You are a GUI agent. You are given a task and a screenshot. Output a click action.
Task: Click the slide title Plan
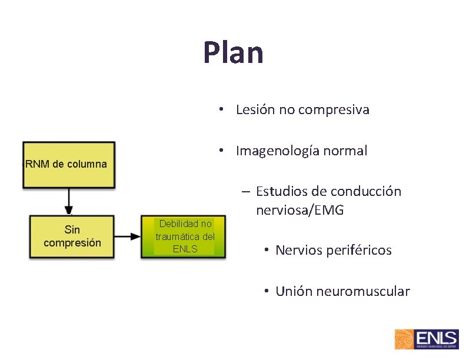233,52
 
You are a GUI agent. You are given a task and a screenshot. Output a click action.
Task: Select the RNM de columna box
69,165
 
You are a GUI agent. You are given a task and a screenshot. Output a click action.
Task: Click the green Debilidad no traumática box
184,236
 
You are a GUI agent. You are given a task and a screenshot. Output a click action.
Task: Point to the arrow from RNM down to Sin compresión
69,202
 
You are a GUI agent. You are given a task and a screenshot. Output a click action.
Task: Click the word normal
347,151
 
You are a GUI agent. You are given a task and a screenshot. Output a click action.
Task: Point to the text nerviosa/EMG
299,210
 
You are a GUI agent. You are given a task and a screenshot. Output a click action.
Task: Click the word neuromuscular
362,291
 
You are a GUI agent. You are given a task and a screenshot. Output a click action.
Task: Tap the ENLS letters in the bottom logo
436,338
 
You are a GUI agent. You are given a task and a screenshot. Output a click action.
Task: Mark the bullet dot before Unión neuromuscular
267,291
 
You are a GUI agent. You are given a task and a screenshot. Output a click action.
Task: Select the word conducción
365,192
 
